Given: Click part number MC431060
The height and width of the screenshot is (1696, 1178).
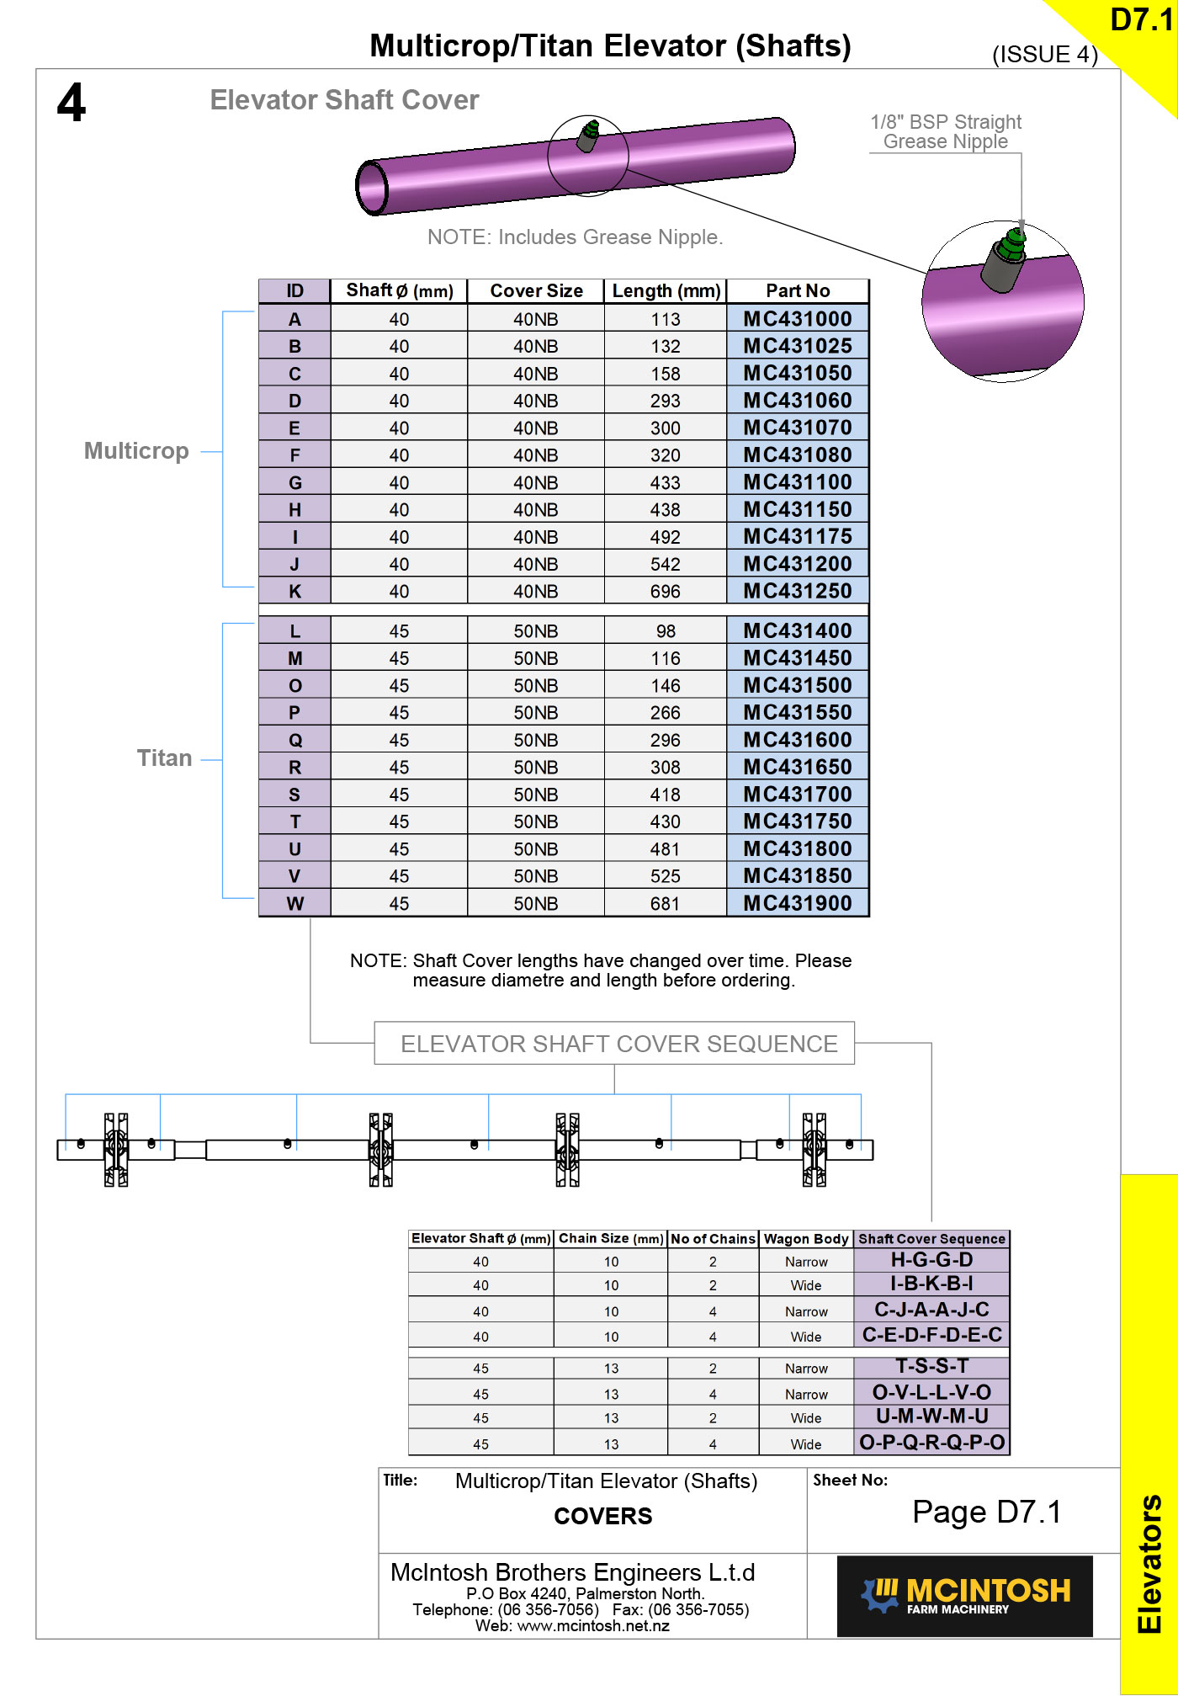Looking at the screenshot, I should pos(797,401).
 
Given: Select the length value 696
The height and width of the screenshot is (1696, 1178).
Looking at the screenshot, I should pos(665,592).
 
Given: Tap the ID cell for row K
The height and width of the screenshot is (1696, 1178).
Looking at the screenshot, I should pos(294,592).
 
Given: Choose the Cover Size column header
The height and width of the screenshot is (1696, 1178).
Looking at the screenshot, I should pos(536,291).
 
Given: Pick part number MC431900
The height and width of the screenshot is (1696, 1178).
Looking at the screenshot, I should pos(797,903).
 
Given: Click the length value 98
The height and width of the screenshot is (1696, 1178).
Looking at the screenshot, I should pos(666,631).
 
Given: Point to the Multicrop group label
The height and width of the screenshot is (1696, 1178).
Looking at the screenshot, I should pos(136,451).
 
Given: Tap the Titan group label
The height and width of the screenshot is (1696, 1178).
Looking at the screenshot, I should pos(164,758).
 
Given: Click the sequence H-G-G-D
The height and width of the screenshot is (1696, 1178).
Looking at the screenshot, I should pos(931,1260).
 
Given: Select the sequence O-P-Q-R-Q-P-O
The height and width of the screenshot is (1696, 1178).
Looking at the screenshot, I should pos(931,1443).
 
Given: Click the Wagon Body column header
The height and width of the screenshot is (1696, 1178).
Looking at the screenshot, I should pos(806,1239).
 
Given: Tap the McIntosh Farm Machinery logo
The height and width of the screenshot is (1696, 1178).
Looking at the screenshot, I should pos(964,1596).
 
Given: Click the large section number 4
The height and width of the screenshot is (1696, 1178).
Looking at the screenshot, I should pos(72,103).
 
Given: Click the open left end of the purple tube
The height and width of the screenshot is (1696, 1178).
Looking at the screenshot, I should pos(371,187).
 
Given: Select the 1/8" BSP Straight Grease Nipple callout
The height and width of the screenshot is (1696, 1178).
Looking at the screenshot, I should pos(946,132).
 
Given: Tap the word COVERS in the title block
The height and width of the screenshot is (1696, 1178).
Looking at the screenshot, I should pos(602,1516).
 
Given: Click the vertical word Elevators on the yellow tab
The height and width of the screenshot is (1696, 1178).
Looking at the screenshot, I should pos(1149,1563).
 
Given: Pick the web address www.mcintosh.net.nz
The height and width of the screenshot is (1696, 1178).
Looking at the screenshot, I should pos(593,1626).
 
